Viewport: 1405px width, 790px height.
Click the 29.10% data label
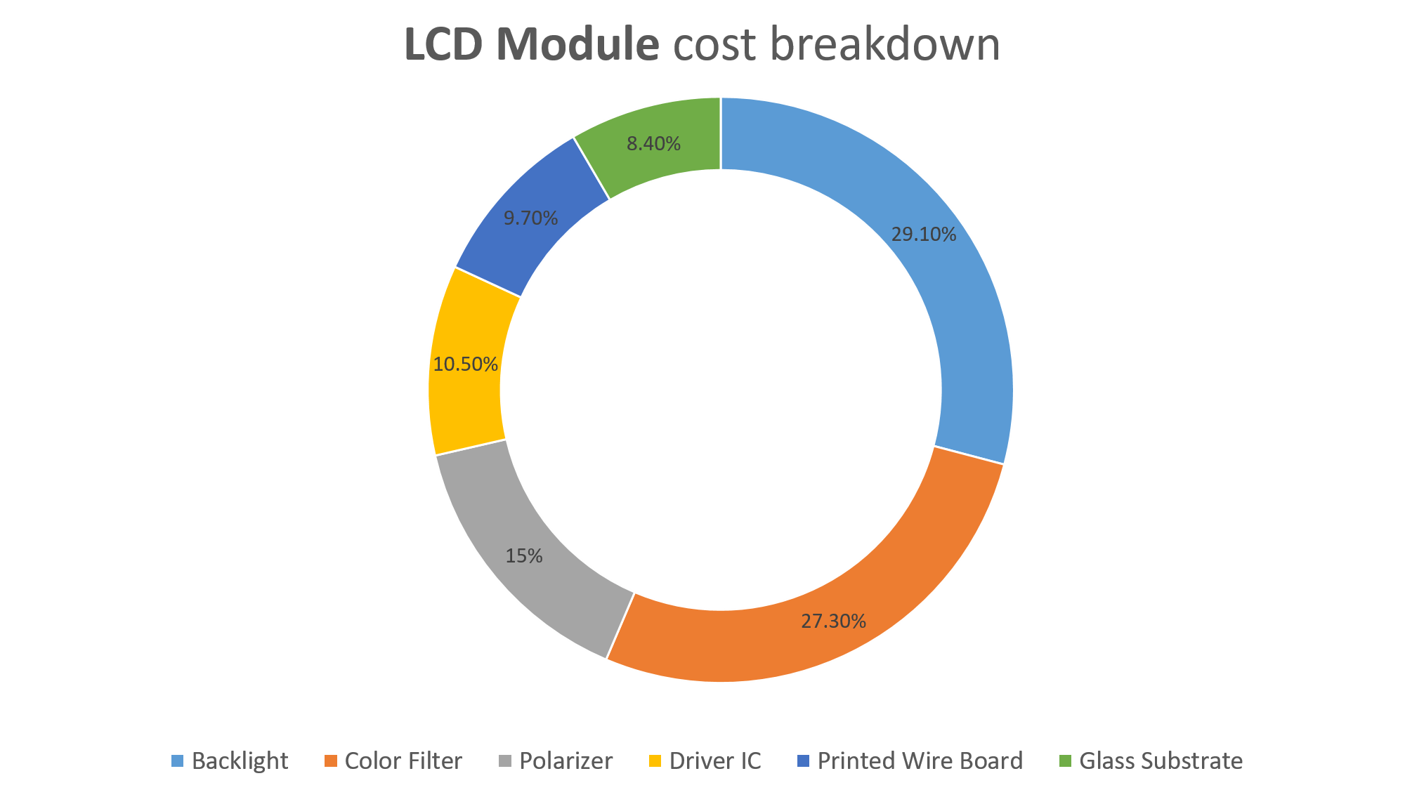click(923, 235)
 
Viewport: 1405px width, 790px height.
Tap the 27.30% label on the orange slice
click(833, 621)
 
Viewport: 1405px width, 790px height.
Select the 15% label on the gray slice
click(524, 556)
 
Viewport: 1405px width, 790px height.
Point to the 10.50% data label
click(466, 364)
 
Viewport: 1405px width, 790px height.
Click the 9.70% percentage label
click(531, 218)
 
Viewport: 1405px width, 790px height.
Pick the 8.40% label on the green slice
click(653, 144)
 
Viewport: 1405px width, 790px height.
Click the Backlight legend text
click(240, 761)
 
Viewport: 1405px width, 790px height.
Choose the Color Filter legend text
click(403, 761)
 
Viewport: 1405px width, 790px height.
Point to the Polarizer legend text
click(566, 761)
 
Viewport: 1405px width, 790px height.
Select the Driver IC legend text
click(715, 761)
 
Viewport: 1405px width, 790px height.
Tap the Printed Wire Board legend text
click(920, 761)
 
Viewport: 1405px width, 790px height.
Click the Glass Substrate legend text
click(1161, 761)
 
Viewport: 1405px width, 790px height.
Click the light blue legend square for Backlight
click(178, 761)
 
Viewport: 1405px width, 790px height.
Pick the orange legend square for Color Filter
click(331, 761)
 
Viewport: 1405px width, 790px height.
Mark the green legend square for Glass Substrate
click(1066, 761)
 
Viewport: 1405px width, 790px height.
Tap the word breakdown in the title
click(885, 45)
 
